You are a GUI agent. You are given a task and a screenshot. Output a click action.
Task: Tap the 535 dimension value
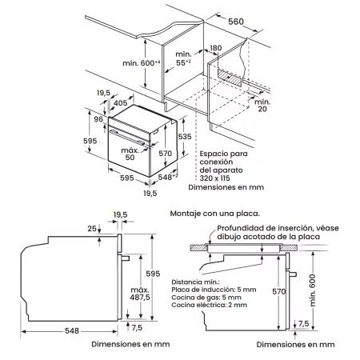point(183,137)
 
